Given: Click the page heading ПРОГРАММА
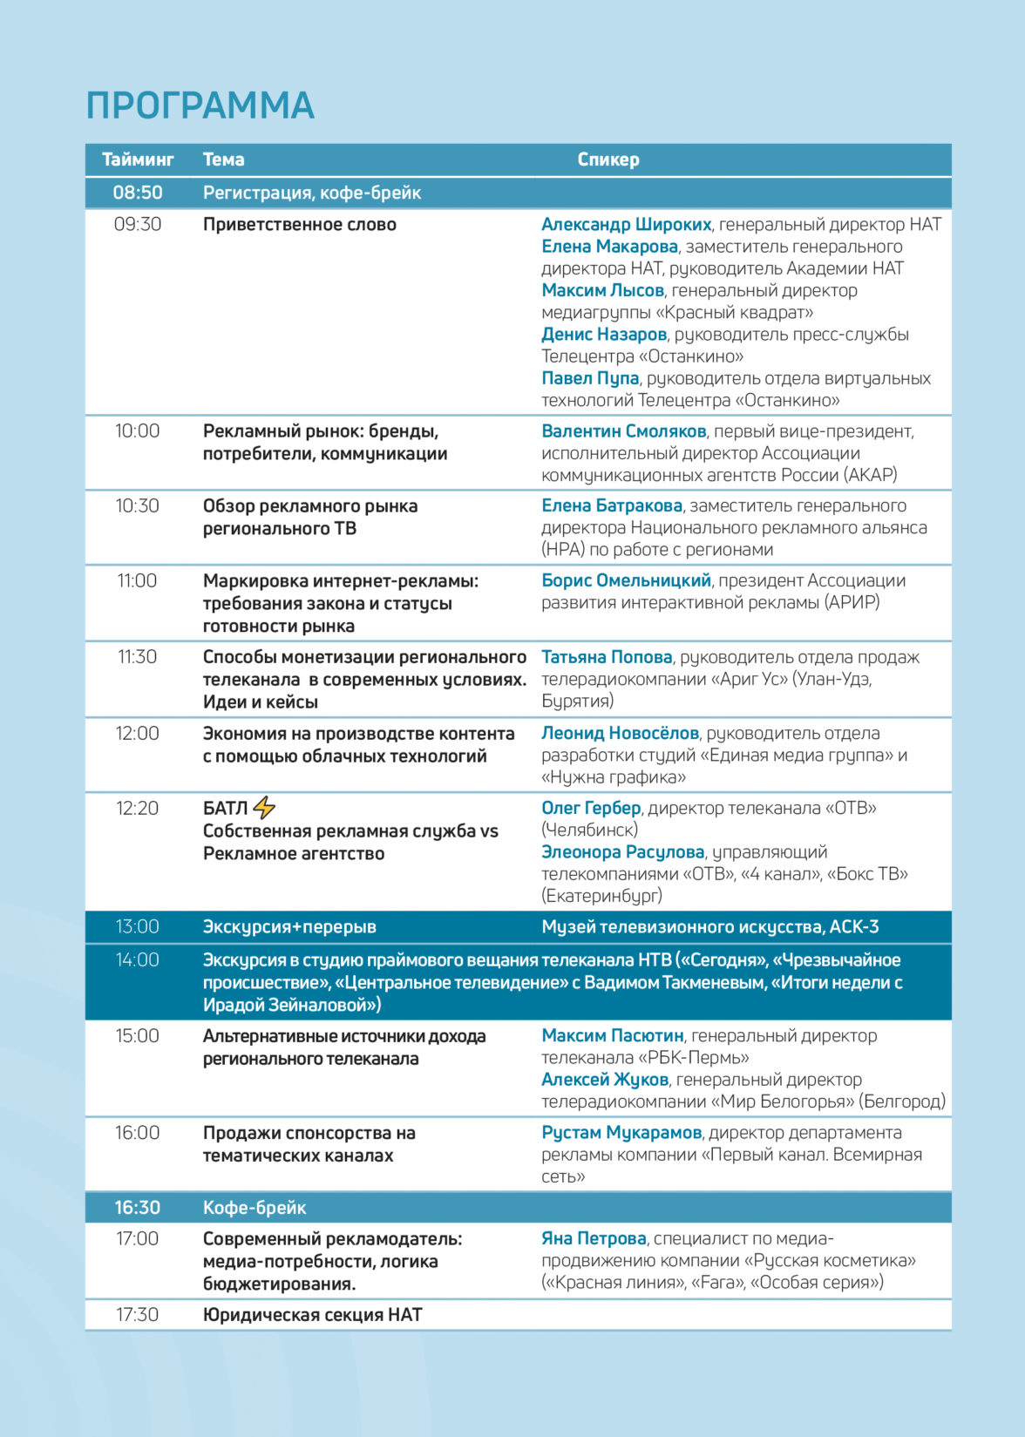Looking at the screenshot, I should coord(200,105).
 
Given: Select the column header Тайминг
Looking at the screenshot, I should coord(138,159).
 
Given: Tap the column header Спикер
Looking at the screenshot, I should coord(608,159).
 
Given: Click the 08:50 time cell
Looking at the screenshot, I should coord(138,193).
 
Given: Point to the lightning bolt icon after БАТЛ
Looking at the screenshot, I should coord(263,808).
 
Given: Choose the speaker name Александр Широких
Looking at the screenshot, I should coord(626,225).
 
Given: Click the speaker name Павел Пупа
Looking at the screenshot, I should coord(590,378).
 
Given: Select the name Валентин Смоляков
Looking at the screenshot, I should coord(623,431).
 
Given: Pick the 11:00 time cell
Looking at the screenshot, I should coord(137,581).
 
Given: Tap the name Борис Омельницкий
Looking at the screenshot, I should coord(626,580).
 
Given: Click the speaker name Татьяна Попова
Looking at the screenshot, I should coord(607,657).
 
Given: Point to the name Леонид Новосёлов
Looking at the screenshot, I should coord(620,734).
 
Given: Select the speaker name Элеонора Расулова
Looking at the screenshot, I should coord(622,852).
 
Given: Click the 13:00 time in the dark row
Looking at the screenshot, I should coord(138,927).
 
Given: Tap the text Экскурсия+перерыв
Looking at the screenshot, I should coord(289,927).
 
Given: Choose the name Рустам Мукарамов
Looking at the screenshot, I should coord(621,1133).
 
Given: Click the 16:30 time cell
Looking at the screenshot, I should coord(138,1208).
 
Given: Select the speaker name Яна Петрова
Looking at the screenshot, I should coord(594,1239).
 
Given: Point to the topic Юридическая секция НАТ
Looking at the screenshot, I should coord(312,1315).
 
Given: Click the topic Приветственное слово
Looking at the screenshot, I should coord(299,225).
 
